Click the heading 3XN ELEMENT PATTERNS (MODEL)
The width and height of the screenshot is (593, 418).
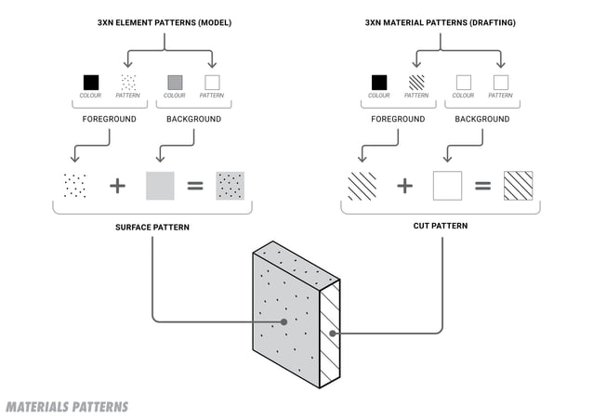[164, 21]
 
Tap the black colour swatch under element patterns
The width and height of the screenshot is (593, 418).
[90, 82]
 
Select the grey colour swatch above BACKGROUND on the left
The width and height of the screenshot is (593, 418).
[174, 82]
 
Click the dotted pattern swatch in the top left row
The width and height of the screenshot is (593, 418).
[128, 82]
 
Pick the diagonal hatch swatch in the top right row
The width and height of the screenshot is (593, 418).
[415, 82]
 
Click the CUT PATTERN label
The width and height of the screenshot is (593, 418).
[439, 226]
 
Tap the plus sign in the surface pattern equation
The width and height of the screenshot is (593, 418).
[117, 186]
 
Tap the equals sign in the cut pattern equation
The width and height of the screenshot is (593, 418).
[482, 186]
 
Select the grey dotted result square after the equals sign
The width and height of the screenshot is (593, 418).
[230, 186]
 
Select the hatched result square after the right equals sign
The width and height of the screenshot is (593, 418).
[518, 186]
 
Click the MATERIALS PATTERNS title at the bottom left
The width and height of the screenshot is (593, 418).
[67, 407]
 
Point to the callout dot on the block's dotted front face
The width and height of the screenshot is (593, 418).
[283, 322]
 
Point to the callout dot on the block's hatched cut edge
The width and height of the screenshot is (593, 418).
[332, 332]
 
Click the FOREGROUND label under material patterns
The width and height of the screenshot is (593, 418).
[398, 119]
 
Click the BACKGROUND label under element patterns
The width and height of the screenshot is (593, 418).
[193, 119]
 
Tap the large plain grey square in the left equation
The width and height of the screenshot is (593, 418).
[160, 186]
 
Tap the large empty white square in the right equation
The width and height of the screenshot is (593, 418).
[447, 186]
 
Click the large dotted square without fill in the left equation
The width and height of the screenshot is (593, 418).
[73, 186]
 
